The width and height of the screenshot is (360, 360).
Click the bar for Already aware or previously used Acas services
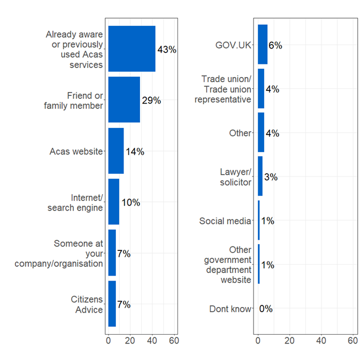point(131,49)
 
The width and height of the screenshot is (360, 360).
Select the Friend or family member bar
point(124,100)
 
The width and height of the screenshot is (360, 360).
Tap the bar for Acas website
point(116,151)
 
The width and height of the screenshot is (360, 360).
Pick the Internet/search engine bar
point(114,202)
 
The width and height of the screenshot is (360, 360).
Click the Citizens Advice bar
point(112,304)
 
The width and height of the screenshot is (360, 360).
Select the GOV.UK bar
point(262,45)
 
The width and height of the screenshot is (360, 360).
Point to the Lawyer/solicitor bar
point(260,176)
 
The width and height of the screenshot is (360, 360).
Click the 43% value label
point(166,50)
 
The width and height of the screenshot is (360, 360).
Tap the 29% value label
point(151,100)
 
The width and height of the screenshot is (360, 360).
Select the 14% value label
point(135,152)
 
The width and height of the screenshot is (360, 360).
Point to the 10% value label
point(130,202)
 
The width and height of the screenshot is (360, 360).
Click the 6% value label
point(275,45)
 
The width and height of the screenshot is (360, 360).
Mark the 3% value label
point(270,177)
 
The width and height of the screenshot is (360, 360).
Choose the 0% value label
point(266,309)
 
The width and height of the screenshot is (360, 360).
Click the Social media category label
point(225,221)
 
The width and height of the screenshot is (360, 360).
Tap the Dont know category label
point(230,309)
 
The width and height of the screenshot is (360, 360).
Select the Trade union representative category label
point(226,89)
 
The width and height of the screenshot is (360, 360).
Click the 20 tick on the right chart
point(289,341)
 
